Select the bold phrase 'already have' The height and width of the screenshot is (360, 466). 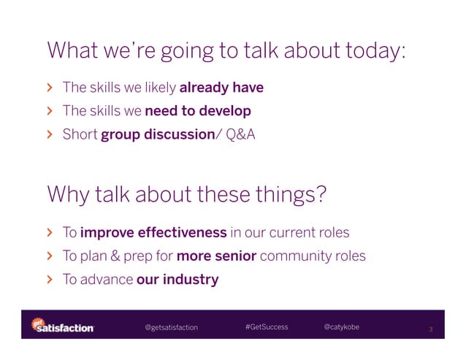tap(221, 88)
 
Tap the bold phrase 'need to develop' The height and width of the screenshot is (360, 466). tap(198, 111)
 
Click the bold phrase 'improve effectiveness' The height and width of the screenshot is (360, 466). tap(153, 233)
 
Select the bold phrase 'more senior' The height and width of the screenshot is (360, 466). tap(216, 256)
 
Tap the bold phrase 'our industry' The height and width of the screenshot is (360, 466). tap(177, 280)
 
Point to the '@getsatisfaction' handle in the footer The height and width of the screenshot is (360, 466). tap(172, 327)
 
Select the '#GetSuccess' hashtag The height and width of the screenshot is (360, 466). tap(267, 326)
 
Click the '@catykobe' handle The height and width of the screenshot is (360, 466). tap(341, 326)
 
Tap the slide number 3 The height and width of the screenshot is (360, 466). tap(430, 329)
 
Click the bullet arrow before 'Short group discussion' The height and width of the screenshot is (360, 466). tap(50, 134)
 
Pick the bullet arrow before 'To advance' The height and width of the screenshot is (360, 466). tap(50, 280)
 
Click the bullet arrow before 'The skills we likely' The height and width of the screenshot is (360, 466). tap(50, 88)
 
